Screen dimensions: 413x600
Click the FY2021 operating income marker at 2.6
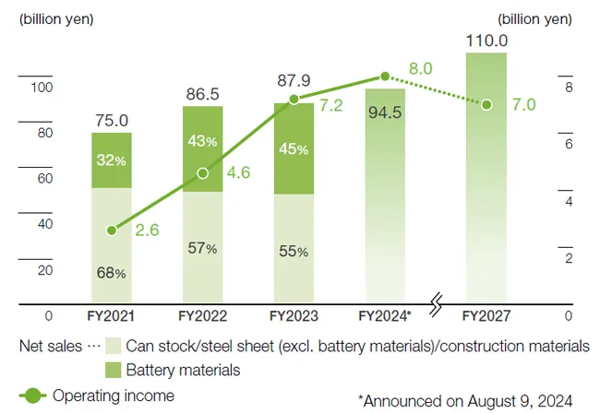tap(112, 230)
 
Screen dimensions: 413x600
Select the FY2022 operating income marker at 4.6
tap(203, 172)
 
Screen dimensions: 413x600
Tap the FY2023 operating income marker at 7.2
tap(294, 100)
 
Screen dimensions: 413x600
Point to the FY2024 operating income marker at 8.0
tap(386, 77)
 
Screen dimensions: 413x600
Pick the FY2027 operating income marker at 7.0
tap(486, 105)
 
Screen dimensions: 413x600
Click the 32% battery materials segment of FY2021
tap(112, 160)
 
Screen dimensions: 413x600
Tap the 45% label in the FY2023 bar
tap(294, 151)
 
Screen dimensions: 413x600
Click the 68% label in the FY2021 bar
tap(112, 273)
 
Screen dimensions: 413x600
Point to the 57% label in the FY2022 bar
tap(203, 248)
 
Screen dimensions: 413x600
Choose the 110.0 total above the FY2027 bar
tap(486, 41)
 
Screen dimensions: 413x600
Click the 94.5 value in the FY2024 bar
tap(386, 114)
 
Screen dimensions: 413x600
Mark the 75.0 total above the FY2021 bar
tap(112, 120)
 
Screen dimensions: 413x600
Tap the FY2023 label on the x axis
tap(294, 315)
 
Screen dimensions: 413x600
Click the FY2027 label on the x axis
tap(486, 315)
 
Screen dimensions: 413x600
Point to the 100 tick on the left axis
tap(43, 88)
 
